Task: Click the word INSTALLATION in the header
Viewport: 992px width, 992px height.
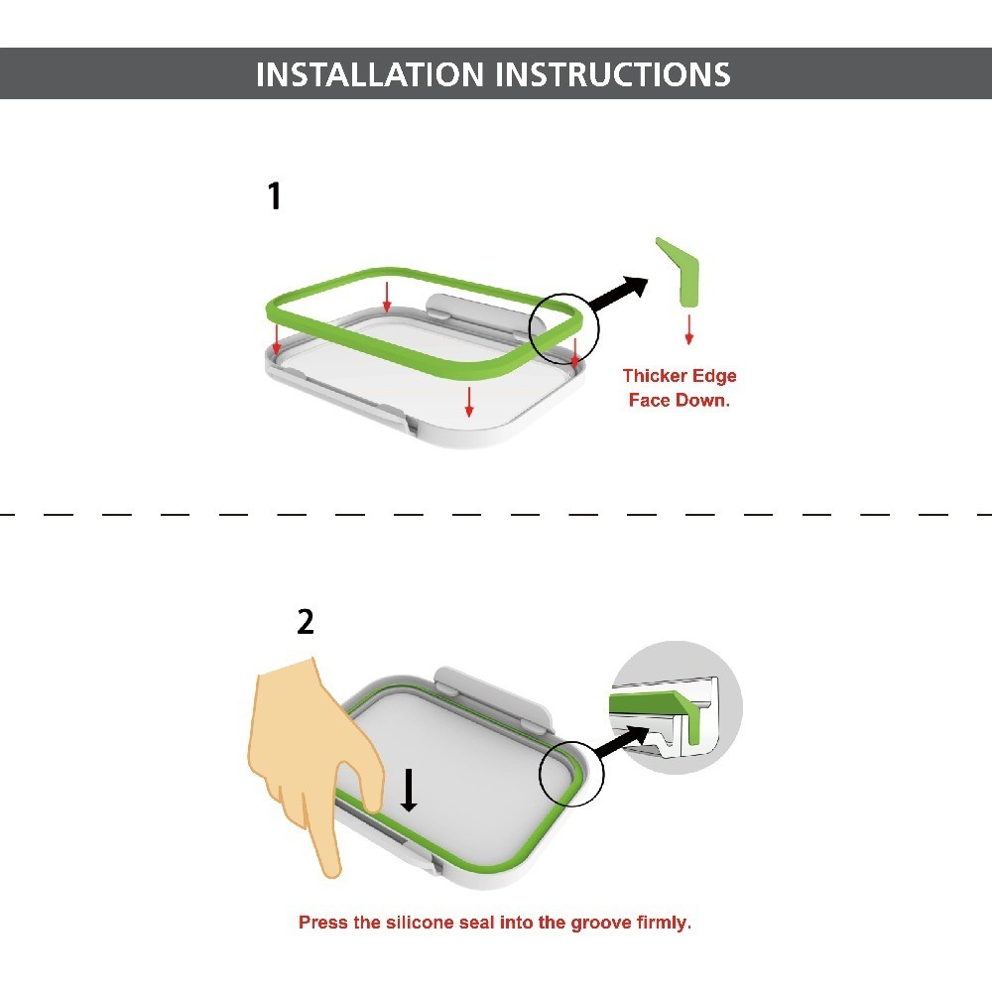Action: (x=370, y=74)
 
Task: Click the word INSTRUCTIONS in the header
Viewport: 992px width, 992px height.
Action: (x=613, y=74)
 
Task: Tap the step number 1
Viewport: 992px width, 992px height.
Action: (x=274, y=195)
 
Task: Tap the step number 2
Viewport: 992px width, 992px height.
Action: (x=306, y=622)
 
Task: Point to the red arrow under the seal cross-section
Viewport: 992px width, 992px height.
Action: (x=689, y=329)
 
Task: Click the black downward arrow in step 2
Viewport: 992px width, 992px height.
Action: (x=410, y=791)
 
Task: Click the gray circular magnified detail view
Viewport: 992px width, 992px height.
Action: (x=676, y=706)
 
